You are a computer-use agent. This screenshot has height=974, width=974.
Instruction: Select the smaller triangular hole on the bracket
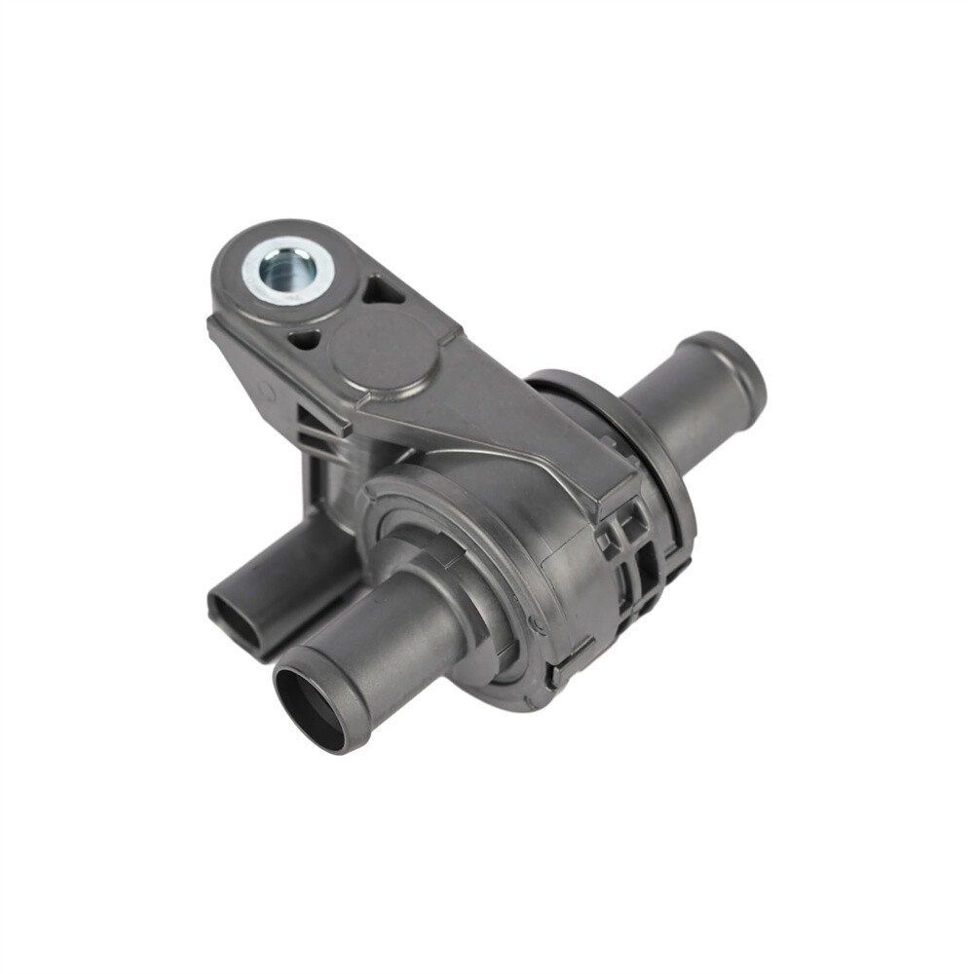click(304, 339)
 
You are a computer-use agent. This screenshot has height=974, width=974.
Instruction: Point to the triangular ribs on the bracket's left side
click(317, 429)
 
